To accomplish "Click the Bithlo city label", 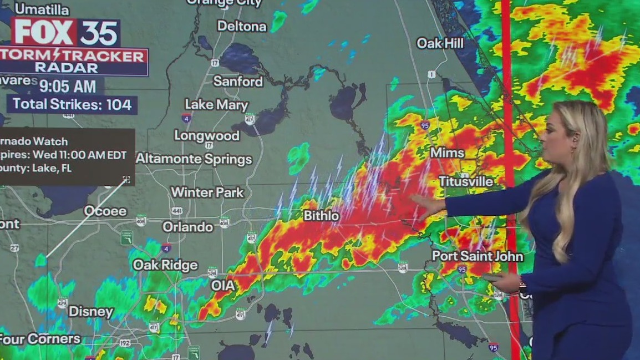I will [321, 216].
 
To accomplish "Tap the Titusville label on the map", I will [466, 181].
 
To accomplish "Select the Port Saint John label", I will [478, 256].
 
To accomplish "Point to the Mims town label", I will [447, 153].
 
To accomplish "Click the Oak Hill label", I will [440, 43].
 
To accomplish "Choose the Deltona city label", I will [242, 26].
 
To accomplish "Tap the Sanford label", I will [238, 81].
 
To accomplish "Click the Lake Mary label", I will [216, 104].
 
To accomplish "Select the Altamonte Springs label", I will [194, 159].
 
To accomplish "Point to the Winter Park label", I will [207, 192].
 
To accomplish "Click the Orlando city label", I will [188, 227].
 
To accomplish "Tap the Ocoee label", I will [105, 211].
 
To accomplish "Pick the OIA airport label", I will [223, 286].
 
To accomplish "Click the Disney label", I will [91, 311].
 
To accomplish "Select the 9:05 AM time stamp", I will [71, 86].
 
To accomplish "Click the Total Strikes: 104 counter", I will [72, 104].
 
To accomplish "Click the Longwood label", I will [207, 135].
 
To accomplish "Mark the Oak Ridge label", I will [165, 265].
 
